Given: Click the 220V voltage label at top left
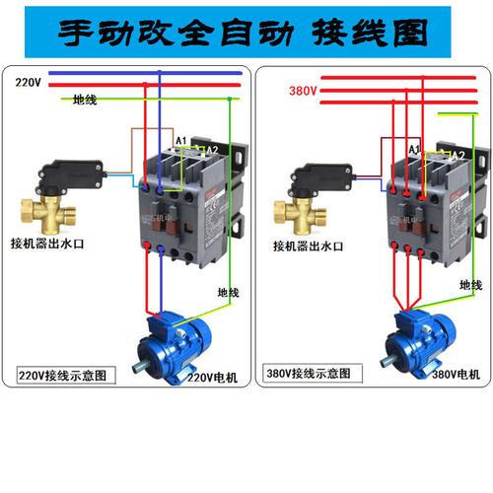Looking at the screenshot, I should point(29,84).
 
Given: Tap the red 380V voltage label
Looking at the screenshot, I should point(302,91).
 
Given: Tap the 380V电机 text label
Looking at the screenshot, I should point(456,375).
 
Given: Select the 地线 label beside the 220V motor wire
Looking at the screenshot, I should point(228,293).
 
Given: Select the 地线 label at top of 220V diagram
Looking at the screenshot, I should point(86,100).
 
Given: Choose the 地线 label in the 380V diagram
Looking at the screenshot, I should point(470,284).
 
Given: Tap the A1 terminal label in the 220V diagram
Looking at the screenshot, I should point(180,141).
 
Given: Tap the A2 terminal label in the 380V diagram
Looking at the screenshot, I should point(457,155).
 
